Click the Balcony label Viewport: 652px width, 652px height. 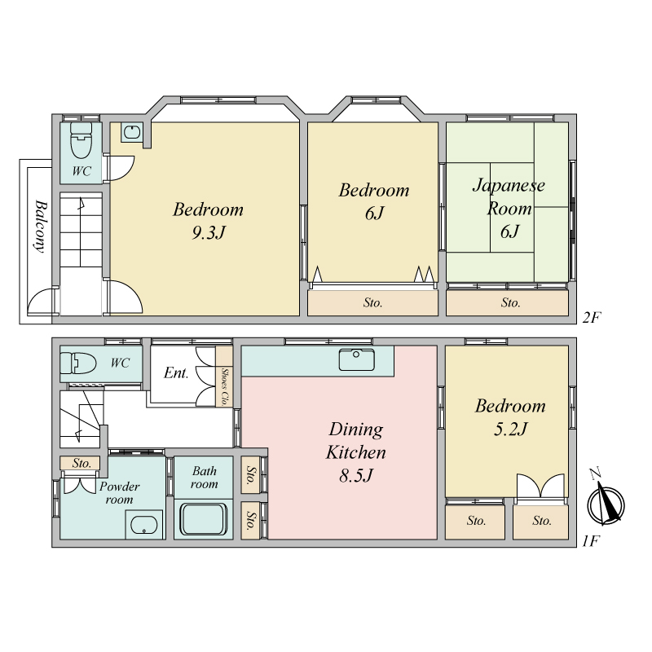pyautogui.click(x=41, y=227)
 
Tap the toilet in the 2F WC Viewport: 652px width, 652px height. pyautogui.click(x=81, y=140)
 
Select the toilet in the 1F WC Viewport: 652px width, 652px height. pyautogui.click(x=78, y=363)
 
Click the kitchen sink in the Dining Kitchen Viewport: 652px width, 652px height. pyautogui.click(x=356, y=359)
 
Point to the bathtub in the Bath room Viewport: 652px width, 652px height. pyautogui.click(x=203, y=519)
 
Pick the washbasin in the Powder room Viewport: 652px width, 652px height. pyautogui.click(x=144, y=524)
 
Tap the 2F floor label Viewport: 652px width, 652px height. pyautogui.click(x=592, y=318)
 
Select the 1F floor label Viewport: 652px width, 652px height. pyautogui.click(x=590, y=541)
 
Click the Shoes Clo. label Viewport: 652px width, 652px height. pyautogui.click(x=224, y=386)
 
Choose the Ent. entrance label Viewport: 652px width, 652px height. pyautogui.click(x=176, y=372)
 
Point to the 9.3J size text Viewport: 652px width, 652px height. pyautogui.click(x=209, y=232)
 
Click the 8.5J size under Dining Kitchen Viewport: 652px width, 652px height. pyautogui.click(x=356, y=475)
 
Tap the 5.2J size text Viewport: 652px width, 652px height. pyautogui.click(x=510, y=429)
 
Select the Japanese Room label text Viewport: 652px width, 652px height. pyautogui.click(x=509, y=196)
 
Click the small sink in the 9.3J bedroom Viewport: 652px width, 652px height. pyautogui.click(x=132, y=132)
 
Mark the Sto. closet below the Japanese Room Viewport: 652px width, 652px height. pyautogui.click(x=507, y=302)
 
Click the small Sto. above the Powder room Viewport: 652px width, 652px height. pyautogui.click(x=80, y=463)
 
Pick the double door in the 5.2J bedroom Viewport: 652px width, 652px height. pyautogui.click(x=540, y=486)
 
